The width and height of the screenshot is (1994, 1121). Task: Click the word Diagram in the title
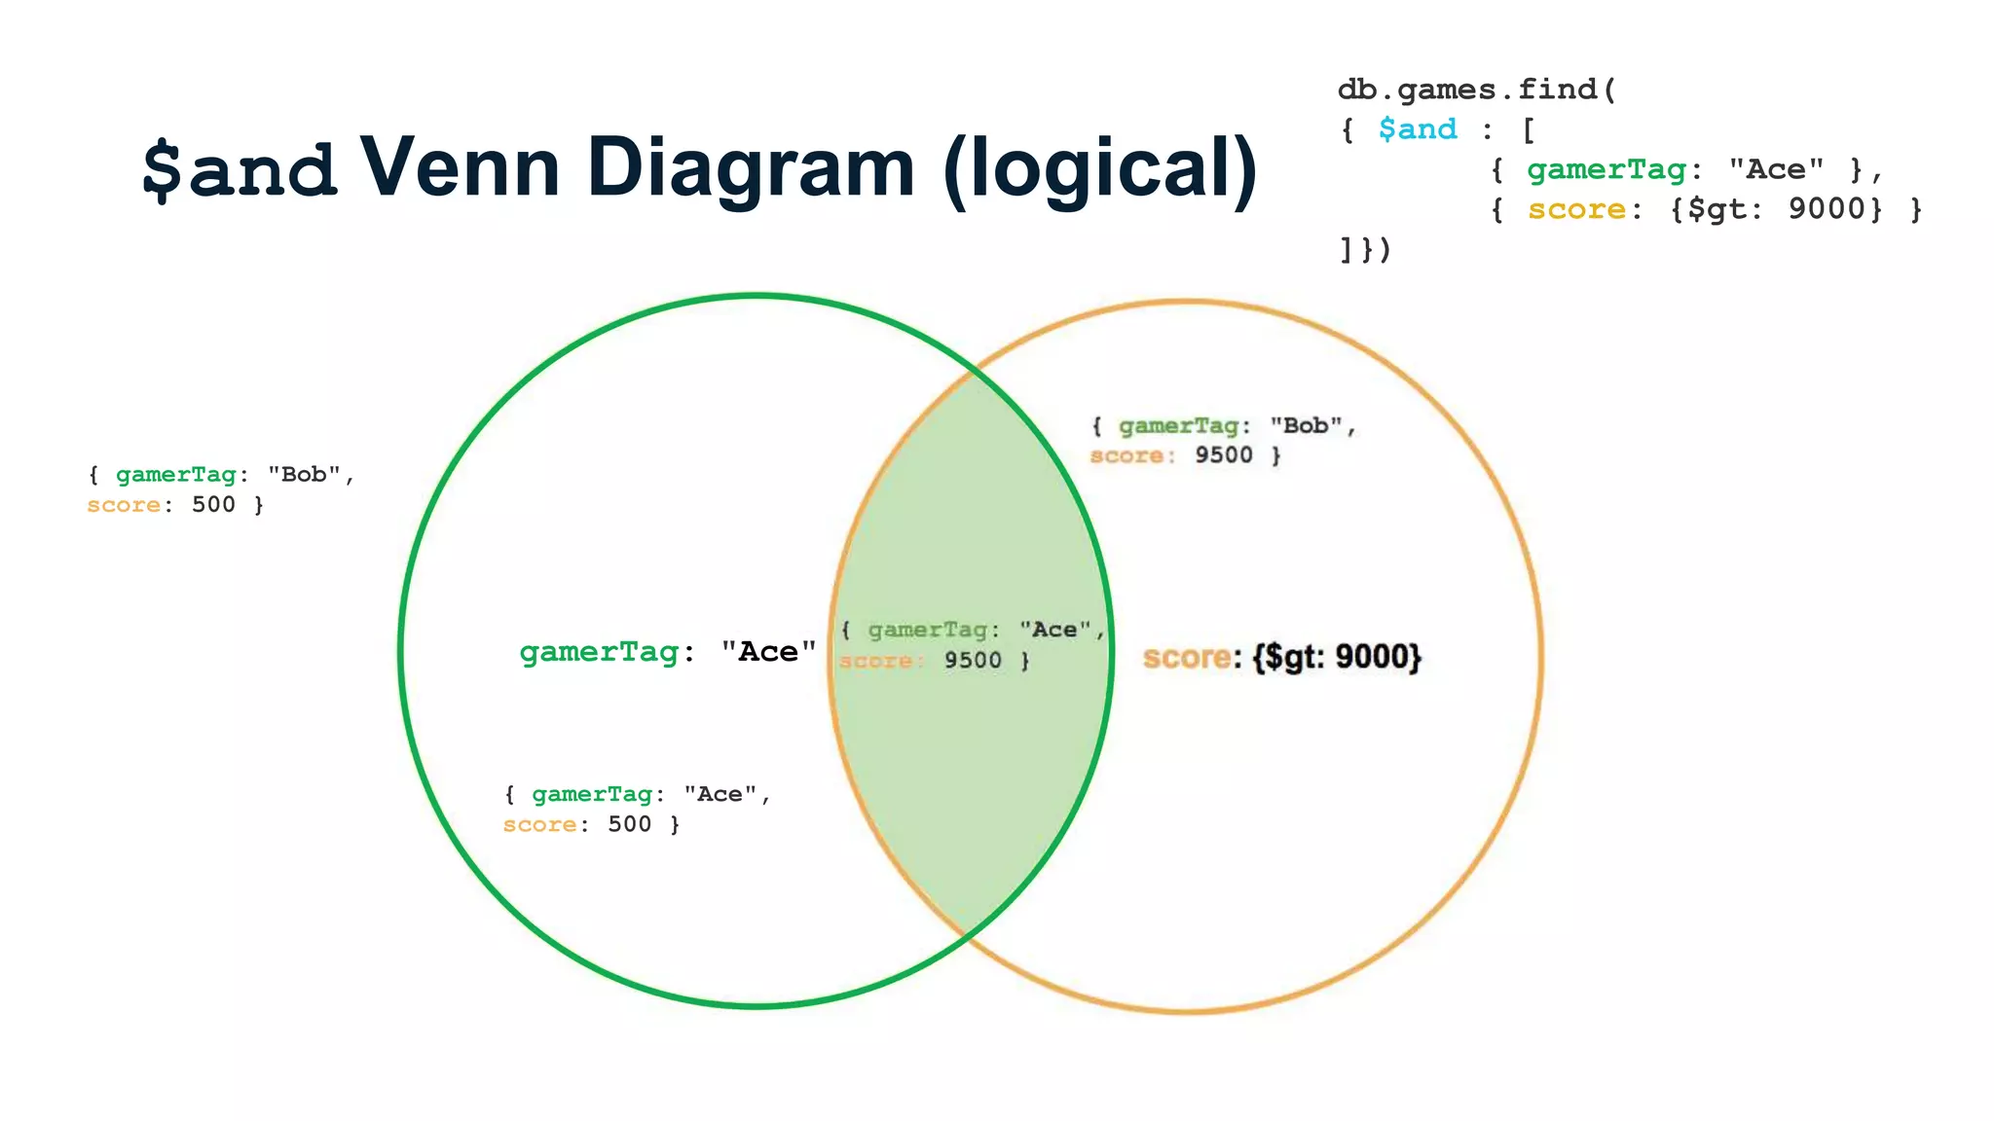[751, 167]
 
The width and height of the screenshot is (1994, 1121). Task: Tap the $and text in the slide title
[240, 169]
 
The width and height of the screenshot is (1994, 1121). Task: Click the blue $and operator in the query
[1418, 129]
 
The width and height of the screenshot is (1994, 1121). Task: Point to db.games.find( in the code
[1476, 90]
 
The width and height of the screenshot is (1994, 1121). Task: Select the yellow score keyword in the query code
[1576, 209]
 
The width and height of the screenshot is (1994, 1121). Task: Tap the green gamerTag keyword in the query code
[1606, 169]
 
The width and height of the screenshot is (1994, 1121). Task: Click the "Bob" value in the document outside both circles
[304, 475]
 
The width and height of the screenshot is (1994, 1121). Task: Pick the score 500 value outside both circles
[213, 505]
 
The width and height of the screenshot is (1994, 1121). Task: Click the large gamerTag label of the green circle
[599, 651]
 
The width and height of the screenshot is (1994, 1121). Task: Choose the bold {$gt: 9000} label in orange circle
[1337, 658]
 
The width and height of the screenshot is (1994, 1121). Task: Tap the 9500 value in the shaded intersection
[972, 661]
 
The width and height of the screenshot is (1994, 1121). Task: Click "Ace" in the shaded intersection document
[1054, 631]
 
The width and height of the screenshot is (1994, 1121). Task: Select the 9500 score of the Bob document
[1223, 455]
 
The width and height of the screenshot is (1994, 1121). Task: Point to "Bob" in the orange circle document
[1306, 426]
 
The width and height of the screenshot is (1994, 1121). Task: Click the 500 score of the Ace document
[629, 825]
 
